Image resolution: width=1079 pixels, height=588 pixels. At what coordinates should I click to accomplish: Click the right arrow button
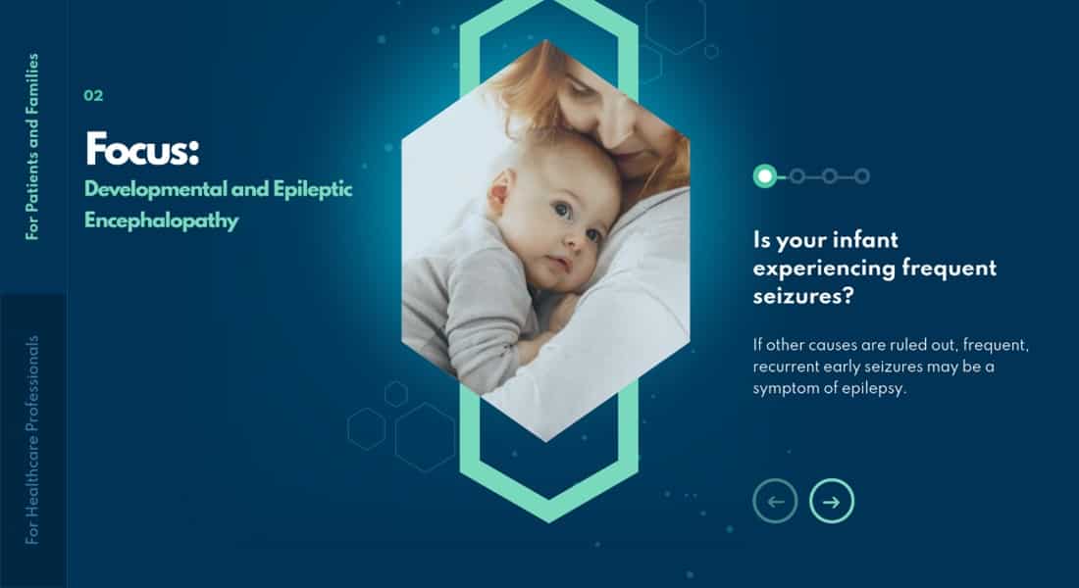(831, 501)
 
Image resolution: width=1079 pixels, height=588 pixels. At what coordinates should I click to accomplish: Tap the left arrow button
(776, 501)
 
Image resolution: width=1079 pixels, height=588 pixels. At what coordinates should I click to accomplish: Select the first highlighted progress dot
(764, 176)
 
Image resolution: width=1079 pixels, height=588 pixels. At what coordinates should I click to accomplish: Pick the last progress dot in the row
(861, 176)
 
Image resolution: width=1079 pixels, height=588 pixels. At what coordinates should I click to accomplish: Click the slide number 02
(93, 96)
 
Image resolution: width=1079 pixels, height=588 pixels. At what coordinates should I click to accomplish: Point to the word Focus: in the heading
(142, 149)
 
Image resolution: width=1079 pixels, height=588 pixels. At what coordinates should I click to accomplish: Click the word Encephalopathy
(162, 220)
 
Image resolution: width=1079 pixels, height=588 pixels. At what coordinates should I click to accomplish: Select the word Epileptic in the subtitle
(313, 189)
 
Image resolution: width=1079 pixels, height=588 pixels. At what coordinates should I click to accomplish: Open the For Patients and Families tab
(32, 146)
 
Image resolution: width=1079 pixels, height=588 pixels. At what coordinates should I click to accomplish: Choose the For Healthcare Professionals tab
(32, 440)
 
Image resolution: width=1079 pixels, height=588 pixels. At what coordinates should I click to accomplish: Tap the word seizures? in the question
(803, 296)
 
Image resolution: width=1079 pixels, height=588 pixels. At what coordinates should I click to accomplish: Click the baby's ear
(500, 192)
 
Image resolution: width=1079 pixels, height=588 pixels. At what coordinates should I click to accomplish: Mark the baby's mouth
(560, 263)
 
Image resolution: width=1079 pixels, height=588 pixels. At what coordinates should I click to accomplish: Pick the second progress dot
(796, 176)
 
